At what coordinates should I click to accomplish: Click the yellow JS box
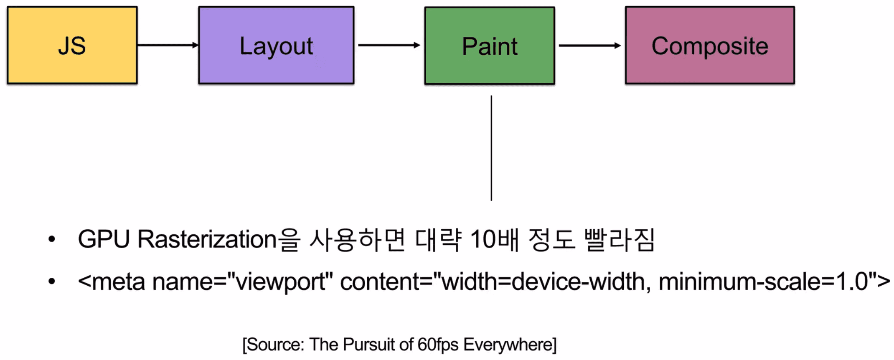tap(72, 45)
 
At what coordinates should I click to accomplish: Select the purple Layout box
tap(276, 45)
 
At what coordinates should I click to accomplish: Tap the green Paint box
tap(490, 46)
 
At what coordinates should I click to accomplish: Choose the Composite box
tap(710, 45)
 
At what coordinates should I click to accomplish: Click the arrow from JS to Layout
tap(168, 45)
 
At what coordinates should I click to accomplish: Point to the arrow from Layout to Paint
tap(389, 45)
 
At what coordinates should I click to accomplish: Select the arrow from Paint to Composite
tap(590, 45)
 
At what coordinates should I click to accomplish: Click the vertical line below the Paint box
tap(491, 148)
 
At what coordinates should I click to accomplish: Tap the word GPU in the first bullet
tap(104, 239)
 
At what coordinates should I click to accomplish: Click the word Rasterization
tap(207, 239)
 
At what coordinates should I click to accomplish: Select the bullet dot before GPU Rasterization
tap(51, 239)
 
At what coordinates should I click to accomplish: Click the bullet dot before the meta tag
tap(51, 281)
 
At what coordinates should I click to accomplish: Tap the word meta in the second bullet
tap(118, 281)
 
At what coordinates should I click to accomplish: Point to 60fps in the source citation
tap(437, 345)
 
